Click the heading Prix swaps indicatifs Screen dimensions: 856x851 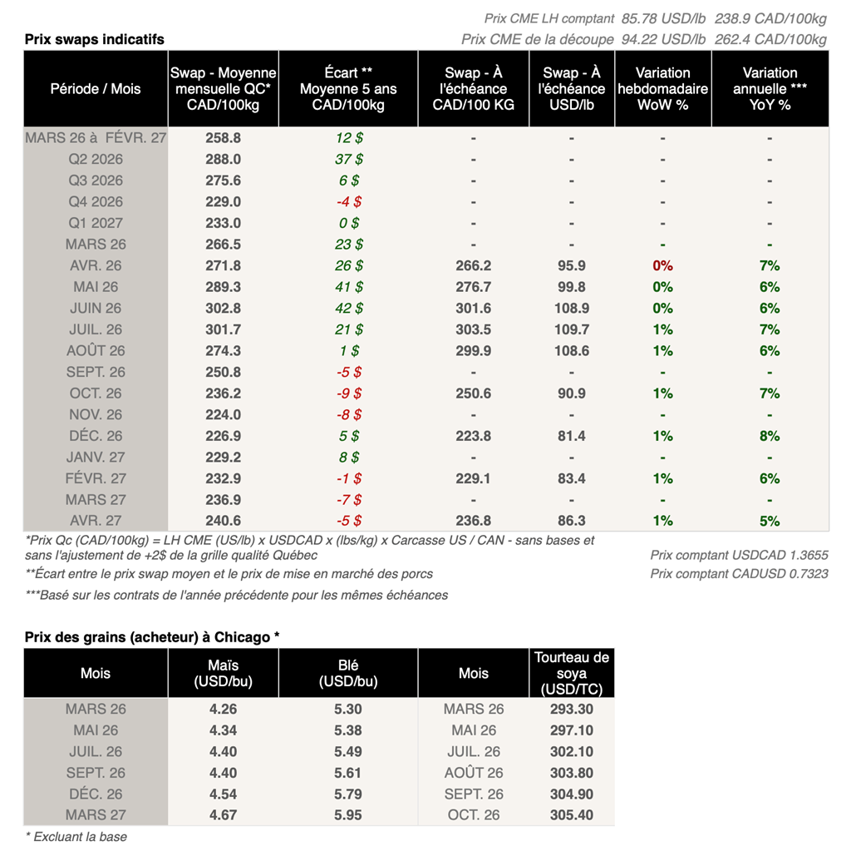point(94,39)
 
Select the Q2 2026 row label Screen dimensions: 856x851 point(96,159)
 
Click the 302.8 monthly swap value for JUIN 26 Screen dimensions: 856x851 point(223,308)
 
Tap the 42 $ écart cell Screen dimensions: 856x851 point(348,308)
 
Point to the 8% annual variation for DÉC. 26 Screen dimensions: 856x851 point(770,436)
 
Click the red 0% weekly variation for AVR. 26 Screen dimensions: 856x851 point(662,265)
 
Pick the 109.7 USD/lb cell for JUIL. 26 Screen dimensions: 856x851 point(572,329)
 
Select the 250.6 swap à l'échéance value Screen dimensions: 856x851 point(473,393)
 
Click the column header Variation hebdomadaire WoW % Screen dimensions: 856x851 point(662,89)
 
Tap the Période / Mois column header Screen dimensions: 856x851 point(96,89)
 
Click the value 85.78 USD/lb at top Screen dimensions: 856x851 point(663,18)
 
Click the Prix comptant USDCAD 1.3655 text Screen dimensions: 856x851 point(739,555)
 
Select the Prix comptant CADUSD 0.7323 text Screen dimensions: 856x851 point(739,573)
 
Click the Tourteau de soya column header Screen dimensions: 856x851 point(572,673)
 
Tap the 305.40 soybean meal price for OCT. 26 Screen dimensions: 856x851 point(572,814)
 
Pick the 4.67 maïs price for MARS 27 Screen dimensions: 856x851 point(223,814)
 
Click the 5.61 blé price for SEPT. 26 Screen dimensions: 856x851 point(348,773)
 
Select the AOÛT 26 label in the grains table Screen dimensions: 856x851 point(473,773)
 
